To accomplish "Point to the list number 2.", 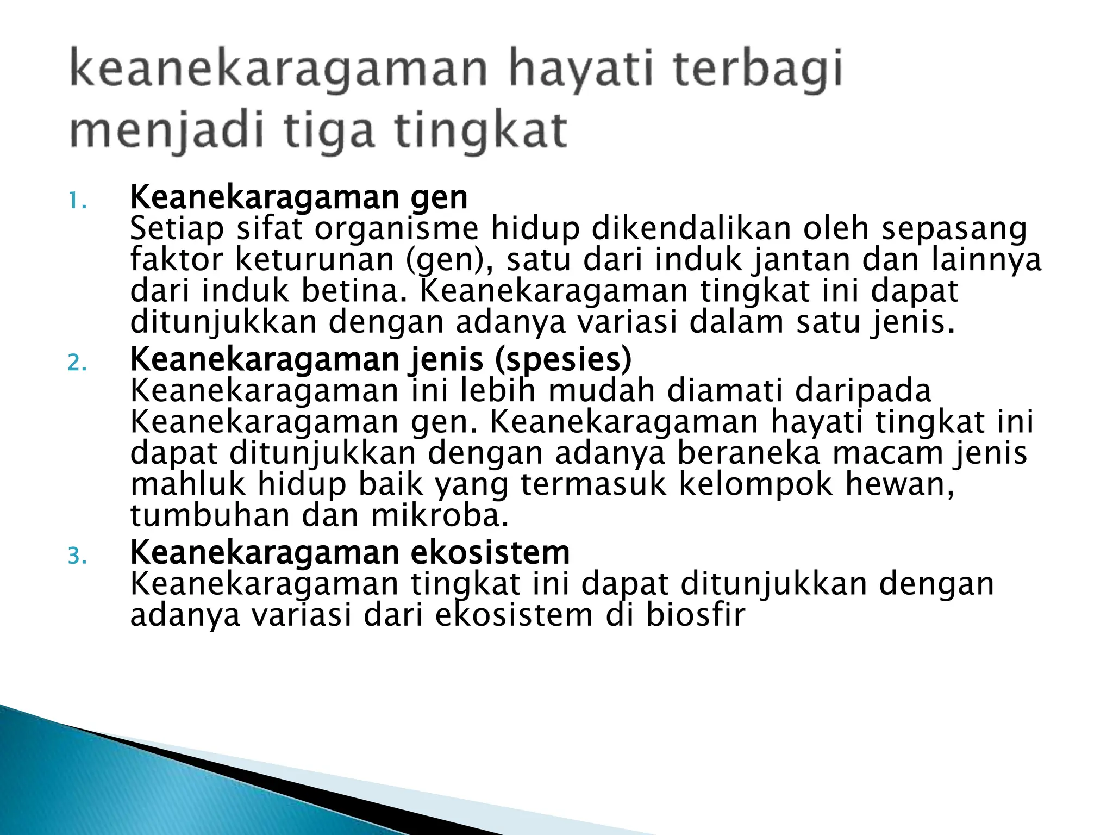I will coord(77,363).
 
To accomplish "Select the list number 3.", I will coord(77,557).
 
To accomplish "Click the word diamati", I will coord(725,390).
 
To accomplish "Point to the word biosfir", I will coord(696,615).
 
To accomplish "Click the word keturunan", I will coord(315,260).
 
